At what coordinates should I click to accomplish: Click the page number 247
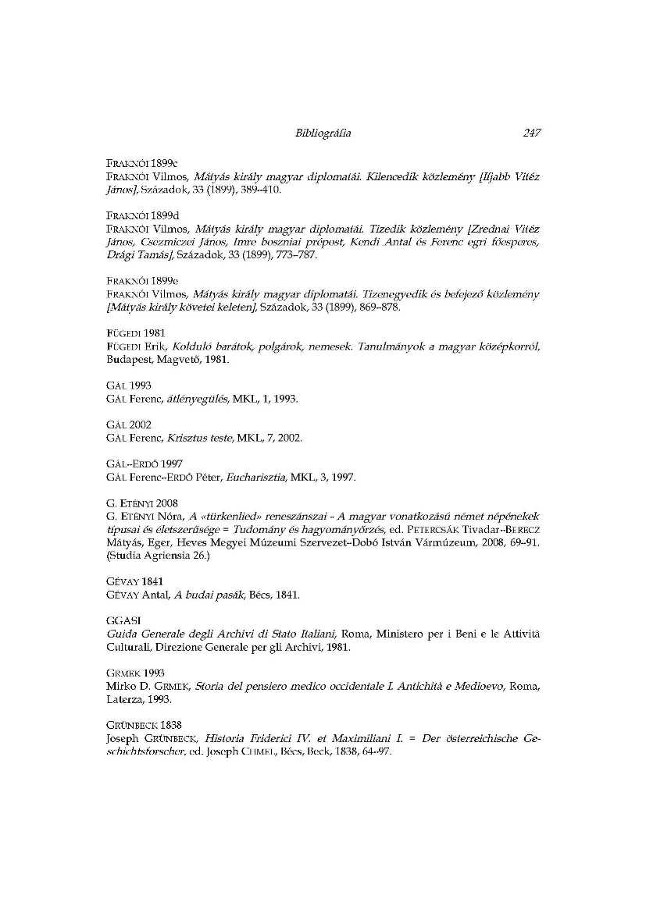pos(531,133)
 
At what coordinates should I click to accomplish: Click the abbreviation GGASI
pos(120,620)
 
